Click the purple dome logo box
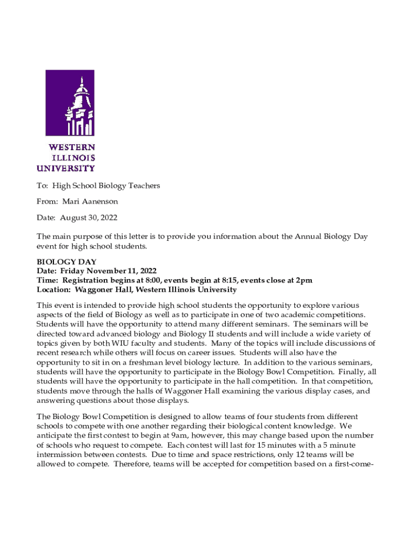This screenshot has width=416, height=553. (x=70, y=103)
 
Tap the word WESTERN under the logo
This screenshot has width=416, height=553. (x=72, y=147)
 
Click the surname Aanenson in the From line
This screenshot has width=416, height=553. (x=99, y=201)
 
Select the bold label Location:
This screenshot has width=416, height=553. (x=53, y=289)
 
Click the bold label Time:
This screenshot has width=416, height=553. (x=48, y=280)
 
